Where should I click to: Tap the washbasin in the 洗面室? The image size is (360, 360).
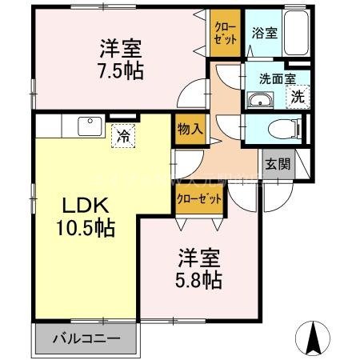261,100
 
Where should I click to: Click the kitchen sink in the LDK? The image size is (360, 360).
87,126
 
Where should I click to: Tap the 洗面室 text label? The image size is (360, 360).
275,79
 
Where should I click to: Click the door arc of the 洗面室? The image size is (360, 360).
230,84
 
